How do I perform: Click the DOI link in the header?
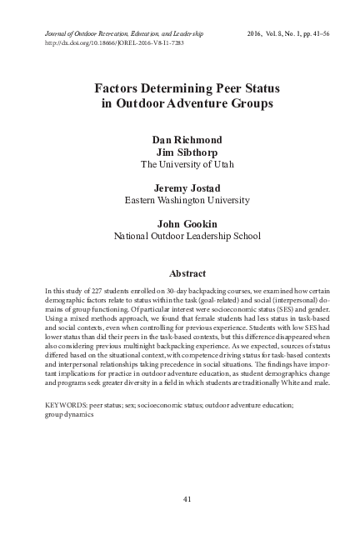[91, 41]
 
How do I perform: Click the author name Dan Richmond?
[180, 140]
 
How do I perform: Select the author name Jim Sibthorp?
[180, 152]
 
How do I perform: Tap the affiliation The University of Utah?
[180, 165]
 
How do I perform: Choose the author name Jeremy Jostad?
[180, 188]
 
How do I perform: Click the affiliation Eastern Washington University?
[180, 201]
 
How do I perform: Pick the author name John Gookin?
[180, 224]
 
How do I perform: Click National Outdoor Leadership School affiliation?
[180, 237]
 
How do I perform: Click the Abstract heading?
[180, 272]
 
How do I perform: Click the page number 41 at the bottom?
[180, 499]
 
